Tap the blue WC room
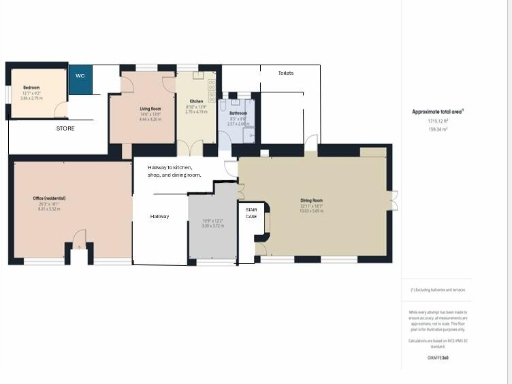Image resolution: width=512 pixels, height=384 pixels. coord(81,80)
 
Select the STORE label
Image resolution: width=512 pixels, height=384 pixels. coord(65,128)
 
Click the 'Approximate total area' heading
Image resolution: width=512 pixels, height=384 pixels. coord(442,111)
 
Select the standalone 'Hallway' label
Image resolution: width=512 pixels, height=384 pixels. coord(159,216)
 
